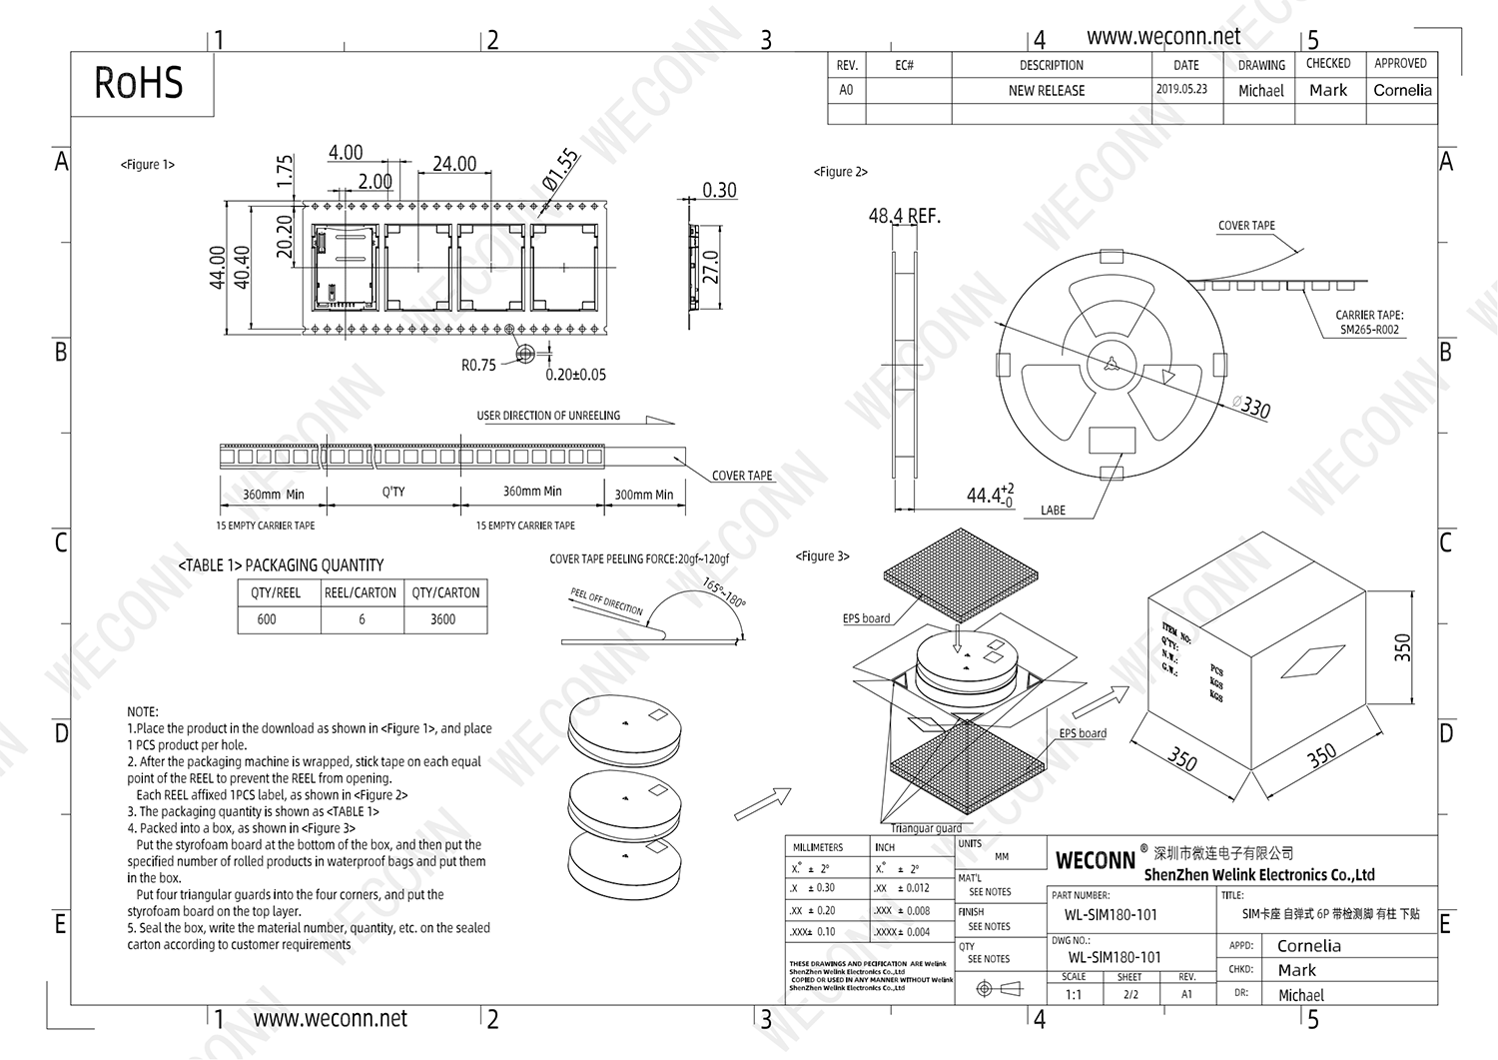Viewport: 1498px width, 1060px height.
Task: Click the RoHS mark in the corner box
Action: click(x=139, y=83)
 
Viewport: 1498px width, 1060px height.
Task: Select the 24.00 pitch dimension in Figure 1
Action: click(x=454, y=164)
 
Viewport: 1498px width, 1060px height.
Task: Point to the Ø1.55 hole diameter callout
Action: click(x=560, y=170)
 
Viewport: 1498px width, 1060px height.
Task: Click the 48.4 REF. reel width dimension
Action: click(x=904, y=216)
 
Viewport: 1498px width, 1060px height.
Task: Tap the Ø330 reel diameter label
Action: click(x=1251, y=407)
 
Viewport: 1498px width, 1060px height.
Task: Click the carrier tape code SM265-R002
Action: click(x=1369, y=330)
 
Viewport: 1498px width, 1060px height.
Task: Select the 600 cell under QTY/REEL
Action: click(x=267, y=619)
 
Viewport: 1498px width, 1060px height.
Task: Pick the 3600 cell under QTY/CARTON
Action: click(x=442, y=619)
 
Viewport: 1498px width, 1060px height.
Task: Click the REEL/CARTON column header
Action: click(x=361, y=592)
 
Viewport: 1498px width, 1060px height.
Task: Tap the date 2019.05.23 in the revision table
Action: click(x=1181, y=89)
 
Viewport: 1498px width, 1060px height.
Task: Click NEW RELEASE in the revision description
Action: click(x=1047, y=90)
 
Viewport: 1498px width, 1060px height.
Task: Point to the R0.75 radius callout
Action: click(x=478, y=366)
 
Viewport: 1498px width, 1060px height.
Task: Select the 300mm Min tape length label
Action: click(x=643, y=495)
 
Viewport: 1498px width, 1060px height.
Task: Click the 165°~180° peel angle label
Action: click(x=724, y=592)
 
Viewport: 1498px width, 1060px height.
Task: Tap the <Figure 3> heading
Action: click(x=822, y=556)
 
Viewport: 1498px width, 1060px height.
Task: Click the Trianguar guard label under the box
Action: click(x=926, y=828)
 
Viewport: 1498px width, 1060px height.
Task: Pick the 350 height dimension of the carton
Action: click(x=1403, y=647)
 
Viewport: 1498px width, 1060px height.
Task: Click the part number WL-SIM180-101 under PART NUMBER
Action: click(x=1111, y=914)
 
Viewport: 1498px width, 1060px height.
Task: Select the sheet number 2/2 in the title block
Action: click(x=1129, y=994)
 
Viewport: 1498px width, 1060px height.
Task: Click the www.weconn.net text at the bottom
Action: click(x=331, y=1019)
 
